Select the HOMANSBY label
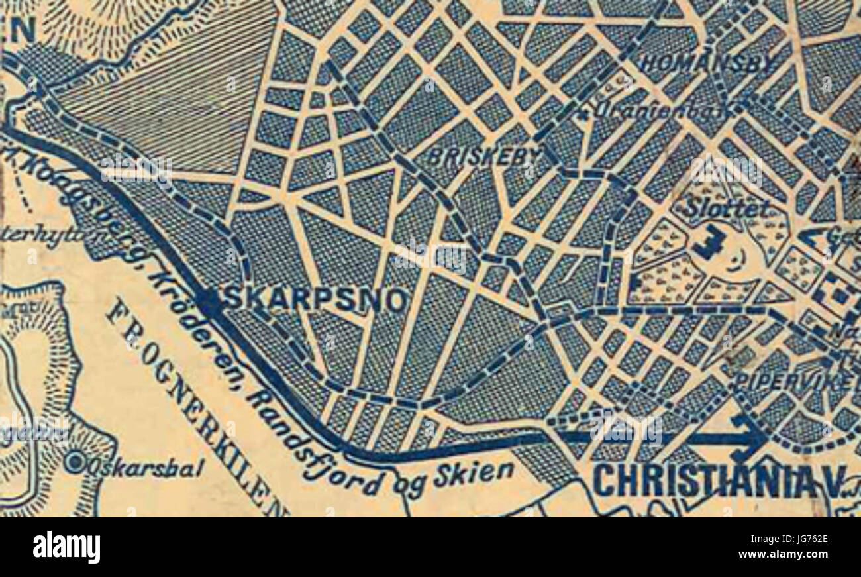(x=709, y=63)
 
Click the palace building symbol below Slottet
(x=708, y=242)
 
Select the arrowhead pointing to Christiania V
(x=752, y=437)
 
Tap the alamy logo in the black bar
(x=67, y=547)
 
